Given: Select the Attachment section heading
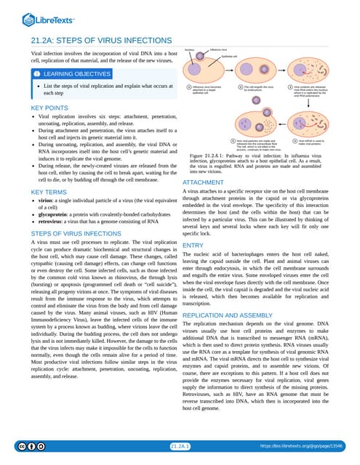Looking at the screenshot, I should pos(203,182).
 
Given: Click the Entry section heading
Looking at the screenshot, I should pos(193,246).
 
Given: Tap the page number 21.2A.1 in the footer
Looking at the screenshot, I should pos(180,445).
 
